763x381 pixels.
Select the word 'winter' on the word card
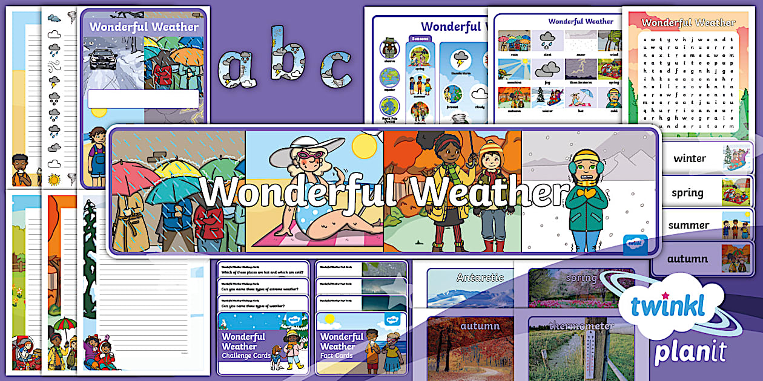tap(689, 158)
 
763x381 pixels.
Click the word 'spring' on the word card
tap(687, 193)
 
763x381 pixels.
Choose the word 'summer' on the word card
tap(689, 226)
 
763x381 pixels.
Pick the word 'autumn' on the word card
tap(687, 259)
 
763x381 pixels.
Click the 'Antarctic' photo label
tap(480, 278)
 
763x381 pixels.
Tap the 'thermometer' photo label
tap(581, 326)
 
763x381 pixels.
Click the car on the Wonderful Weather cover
tap(104, 59)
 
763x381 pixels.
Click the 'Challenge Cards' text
tap(245, 356)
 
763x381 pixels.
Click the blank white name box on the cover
tap(143, 99)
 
